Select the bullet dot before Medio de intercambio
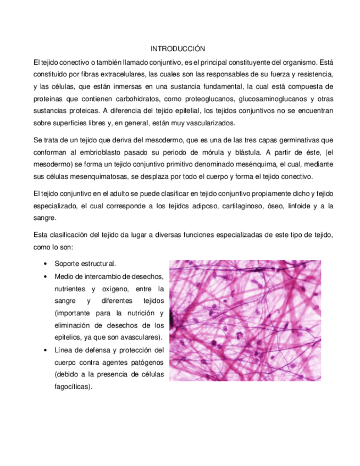43,276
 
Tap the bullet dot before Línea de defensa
43,349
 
